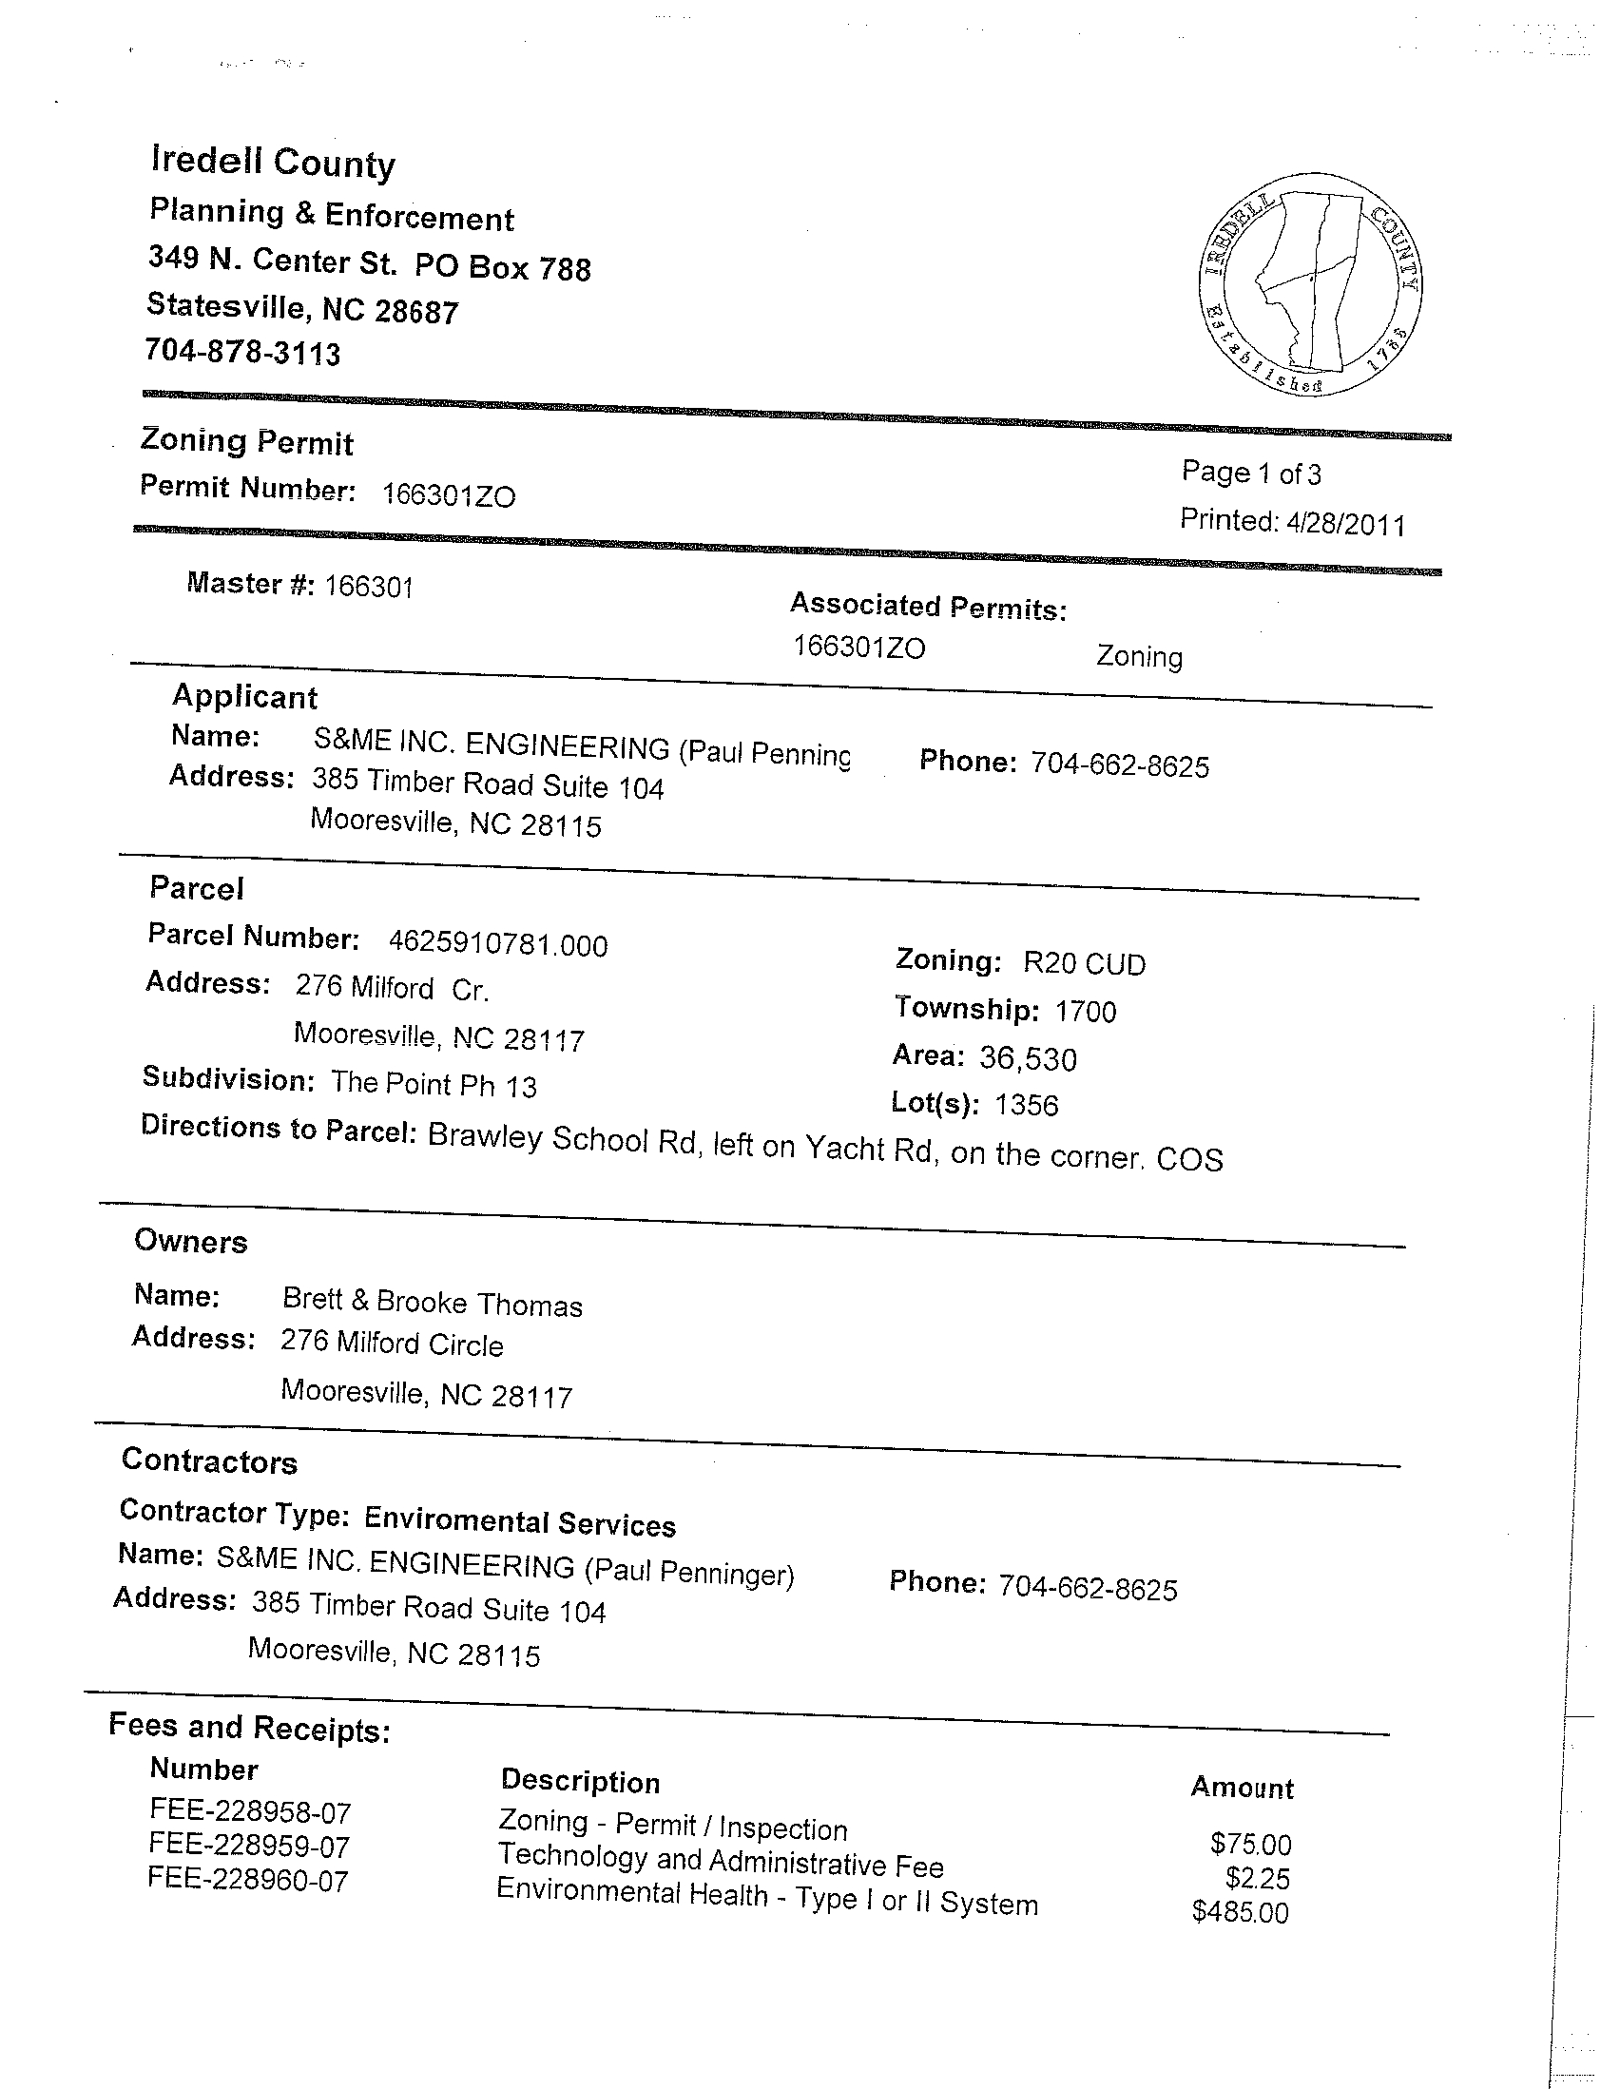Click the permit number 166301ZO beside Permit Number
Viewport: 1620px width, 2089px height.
449,495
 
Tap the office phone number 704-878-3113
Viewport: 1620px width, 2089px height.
241,352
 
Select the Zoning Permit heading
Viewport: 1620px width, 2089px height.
247,442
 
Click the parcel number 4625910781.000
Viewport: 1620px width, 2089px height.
497,944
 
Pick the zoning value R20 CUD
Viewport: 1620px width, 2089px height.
1084,963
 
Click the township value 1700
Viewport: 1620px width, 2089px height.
1086,1011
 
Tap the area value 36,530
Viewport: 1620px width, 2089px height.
1028,1059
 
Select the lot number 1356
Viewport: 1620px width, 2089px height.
1026,1105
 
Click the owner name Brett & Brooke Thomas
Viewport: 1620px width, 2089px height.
432,1302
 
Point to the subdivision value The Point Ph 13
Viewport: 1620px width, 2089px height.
434,1084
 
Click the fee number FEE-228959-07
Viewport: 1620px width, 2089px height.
249,1845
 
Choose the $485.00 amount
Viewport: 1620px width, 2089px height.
1241,1912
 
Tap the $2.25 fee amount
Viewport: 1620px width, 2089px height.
1258,1879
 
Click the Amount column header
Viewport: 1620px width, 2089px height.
1242,1788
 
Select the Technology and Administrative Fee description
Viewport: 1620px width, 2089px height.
720,1861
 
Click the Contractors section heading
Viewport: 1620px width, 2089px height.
209,1460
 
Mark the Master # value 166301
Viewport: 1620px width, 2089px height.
369,586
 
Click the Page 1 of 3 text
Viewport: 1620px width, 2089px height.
1251,473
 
